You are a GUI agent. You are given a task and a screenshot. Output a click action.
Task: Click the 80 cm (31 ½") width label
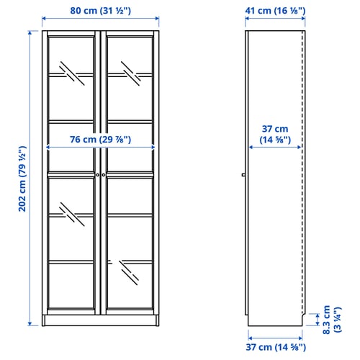point(101,11)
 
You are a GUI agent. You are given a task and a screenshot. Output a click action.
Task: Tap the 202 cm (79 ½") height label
point(22,179)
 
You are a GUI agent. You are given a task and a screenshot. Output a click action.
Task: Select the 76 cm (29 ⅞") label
point(101,140)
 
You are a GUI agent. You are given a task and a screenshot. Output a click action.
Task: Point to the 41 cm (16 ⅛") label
point(275,11)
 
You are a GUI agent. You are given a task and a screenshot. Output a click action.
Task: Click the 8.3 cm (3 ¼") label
point(332,320)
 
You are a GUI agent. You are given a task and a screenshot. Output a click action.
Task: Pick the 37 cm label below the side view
point(276,347)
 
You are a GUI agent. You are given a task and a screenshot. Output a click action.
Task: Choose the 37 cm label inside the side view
point(275,134)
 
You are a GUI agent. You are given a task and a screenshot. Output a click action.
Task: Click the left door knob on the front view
point(98,175)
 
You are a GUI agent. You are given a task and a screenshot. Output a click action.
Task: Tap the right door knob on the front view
point(104,175)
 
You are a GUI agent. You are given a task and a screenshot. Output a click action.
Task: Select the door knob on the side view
point(243,175)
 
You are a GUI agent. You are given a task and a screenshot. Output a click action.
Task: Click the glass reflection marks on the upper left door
point(72,73)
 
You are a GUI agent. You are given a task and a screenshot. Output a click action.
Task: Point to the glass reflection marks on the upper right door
point(131,73)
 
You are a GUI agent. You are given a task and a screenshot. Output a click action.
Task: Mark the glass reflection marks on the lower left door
point(72,215)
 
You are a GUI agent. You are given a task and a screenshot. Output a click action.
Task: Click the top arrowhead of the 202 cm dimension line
point(30,32)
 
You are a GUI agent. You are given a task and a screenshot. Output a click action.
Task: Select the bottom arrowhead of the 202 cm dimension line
point(30,324)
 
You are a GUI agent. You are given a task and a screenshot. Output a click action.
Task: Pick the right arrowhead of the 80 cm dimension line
point(157,19)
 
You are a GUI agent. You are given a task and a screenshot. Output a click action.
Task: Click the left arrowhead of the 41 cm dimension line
point(247,19)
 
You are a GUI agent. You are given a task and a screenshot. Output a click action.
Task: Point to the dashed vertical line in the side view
point(302,171)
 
